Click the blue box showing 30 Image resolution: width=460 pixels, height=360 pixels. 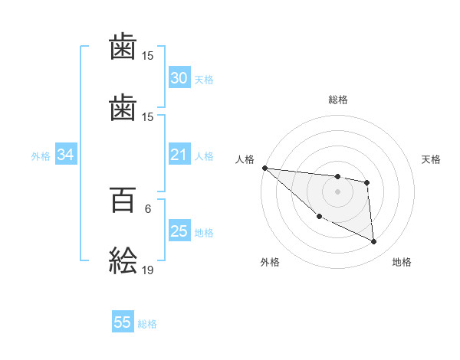tap(179, 78)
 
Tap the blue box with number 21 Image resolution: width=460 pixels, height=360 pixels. tap(179, 155)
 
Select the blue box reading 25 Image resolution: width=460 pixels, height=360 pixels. tap(179, 231)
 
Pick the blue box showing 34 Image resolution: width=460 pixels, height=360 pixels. tap(66, 155)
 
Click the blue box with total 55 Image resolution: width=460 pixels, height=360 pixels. tap(123, 322)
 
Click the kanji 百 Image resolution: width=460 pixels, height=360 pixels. tap(123, 202)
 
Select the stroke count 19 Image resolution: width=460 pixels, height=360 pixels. tap(148, 270)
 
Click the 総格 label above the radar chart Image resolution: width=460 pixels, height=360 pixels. tap(338, 100)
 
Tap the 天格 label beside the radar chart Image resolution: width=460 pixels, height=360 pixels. tap(432, 159)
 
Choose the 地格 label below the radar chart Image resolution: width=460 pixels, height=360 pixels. tap(402, 262)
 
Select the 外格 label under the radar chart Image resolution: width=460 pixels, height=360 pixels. tap(270, 262)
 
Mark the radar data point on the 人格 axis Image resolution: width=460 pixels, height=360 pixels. tap(264, 168)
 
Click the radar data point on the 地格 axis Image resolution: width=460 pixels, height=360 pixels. tap(373, 241)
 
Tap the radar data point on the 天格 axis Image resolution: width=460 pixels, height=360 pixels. tap(367, 182)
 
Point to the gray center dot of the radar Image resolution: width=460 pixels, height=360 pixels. tap(337, 191)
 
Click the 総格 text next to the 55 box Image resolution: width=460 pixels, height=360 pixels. tap(147, 323)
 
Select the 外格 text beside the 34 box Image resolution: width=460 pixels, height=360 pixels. tap(41, 155)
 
